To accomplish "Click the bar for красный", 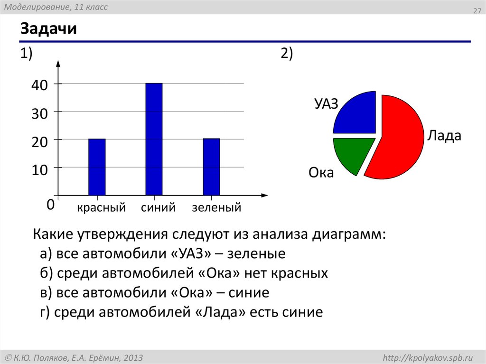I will pos(97,167).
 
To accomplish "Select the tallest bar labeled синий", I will pos(154,139).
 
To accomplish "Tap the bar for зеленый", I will pos(211,167).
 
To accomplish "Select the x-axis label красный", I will pos(101,208).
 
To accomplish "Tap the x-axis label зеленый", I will pos(216,208).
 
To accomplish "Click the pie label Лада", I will pos(444,136).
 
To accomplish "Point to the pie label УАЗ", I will pos(326,104).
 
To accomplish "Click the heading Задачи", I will pos(48,30).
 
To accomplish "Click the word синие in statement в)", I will pos(249,293).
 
